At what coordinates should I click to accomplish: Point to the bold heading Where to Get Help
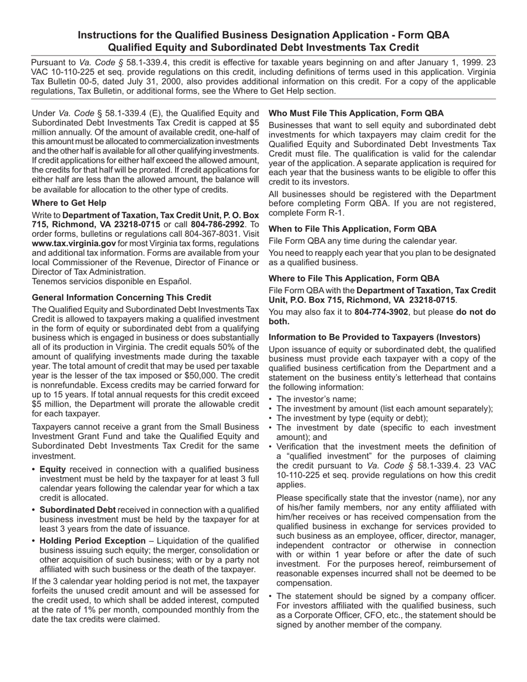69,203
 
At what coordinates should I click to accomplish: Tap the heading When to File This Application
352,228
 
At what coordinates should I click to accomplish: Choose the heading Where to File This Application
354,278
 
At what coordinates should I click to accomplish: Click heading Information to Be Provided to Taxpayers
374,337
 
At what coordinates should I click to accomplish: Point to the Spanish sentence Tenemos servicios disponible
112,281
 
